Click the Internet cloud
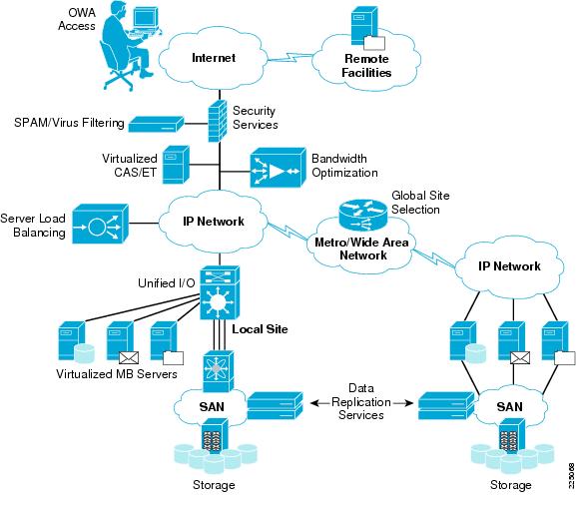tap(214, 58)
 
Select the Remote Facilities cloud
tap(366, 66)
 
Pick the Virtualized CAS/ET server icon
tap(176, 165)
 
